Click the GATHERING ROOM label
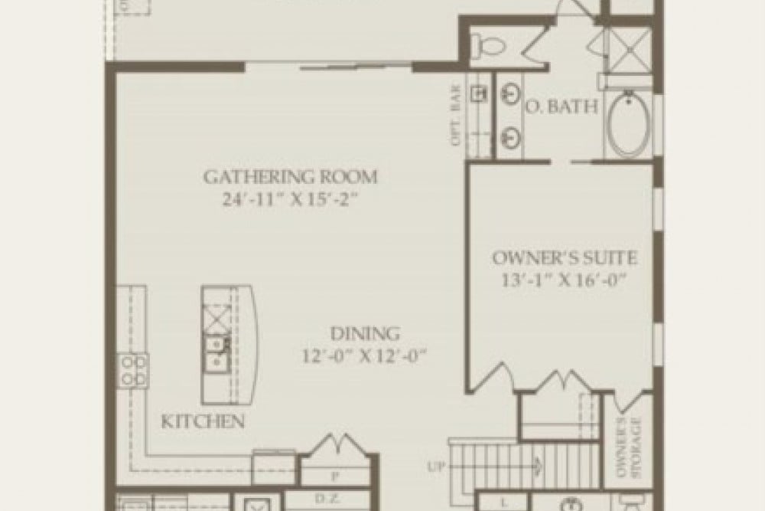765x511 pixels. click(290, 177)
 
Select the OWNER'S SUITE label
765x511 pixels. click(565, 258)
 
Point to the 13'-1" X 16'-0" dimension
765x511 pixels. click(565, 280)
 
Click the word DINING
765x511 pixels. click(365, 334)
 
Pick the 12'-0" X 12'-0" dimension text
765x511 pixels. click(365, 355)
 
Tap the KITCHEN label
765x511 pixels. click(203, 421)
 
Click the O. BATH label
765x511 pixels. click(561, 107)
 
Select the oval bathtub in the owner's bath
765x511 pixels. click(629, 125)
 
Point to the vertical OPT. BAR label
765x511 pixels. click(458, 120)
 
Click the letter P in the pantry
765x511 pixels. click(336, 476)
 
